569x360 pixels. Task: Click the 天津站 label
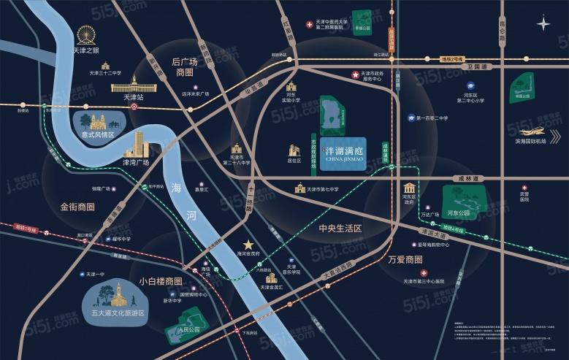click(x=133, y=97)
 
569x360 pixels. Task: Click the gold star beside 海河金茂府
click(x=249, y=244)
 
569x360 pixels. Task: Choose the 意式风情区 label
click(x=98, y=135)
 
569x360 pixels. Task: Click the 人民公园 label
click(x=169, y=329)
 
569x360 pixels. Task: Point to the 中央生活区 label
click(x=340, y=229)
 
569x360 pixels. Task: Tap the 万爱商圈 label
click(x=405, y=259)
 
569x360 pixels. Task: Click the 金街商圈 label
click(x=77, y=207)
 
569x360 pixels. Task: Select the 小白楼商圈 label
click(x=160, y=281)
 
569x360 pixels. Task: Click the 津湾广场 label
click(x=136, y=162)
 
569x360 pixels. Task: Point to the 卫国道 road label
click(x=479, y=66)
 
